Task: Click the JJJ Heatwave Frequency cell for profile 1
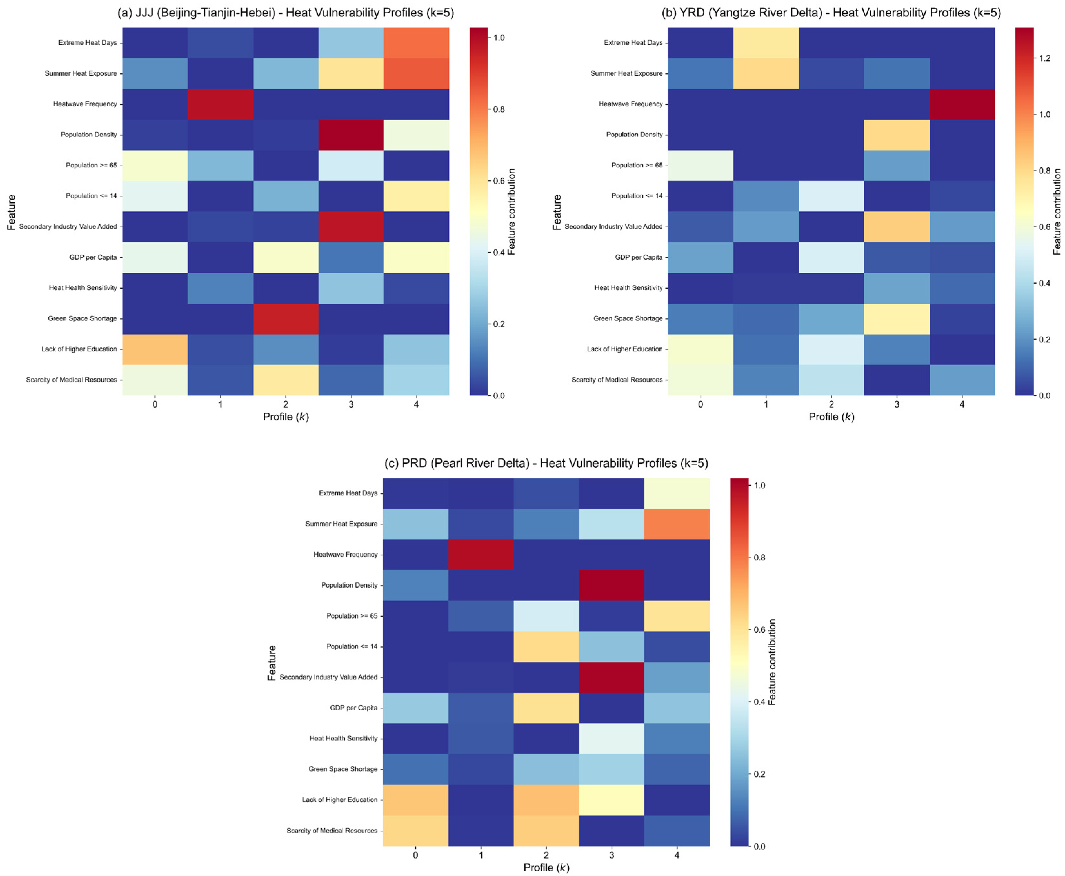coord(220,104)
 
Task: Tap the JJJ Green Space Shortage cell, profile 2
coord(285,318)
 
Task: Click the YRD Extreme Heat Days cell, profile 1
coord(765,43)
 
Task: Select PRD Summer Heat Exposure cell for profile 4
coord(677,524)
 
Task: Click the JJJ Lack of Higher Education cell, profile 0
coord(155,349)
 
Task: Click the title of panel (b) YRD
coord(831,13)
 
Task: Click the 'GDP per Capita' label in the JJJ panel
coord(93,257)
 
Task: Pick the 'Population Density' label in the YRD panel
coord(634,135)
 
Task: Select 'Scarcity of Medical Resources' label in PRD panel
coord(332,830)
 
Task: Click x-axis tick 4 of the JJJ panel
coord(416,404)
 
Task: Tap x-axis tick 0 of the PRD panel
coord(415,855)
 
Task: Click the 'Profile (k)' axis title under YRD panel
coord(831,417)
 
